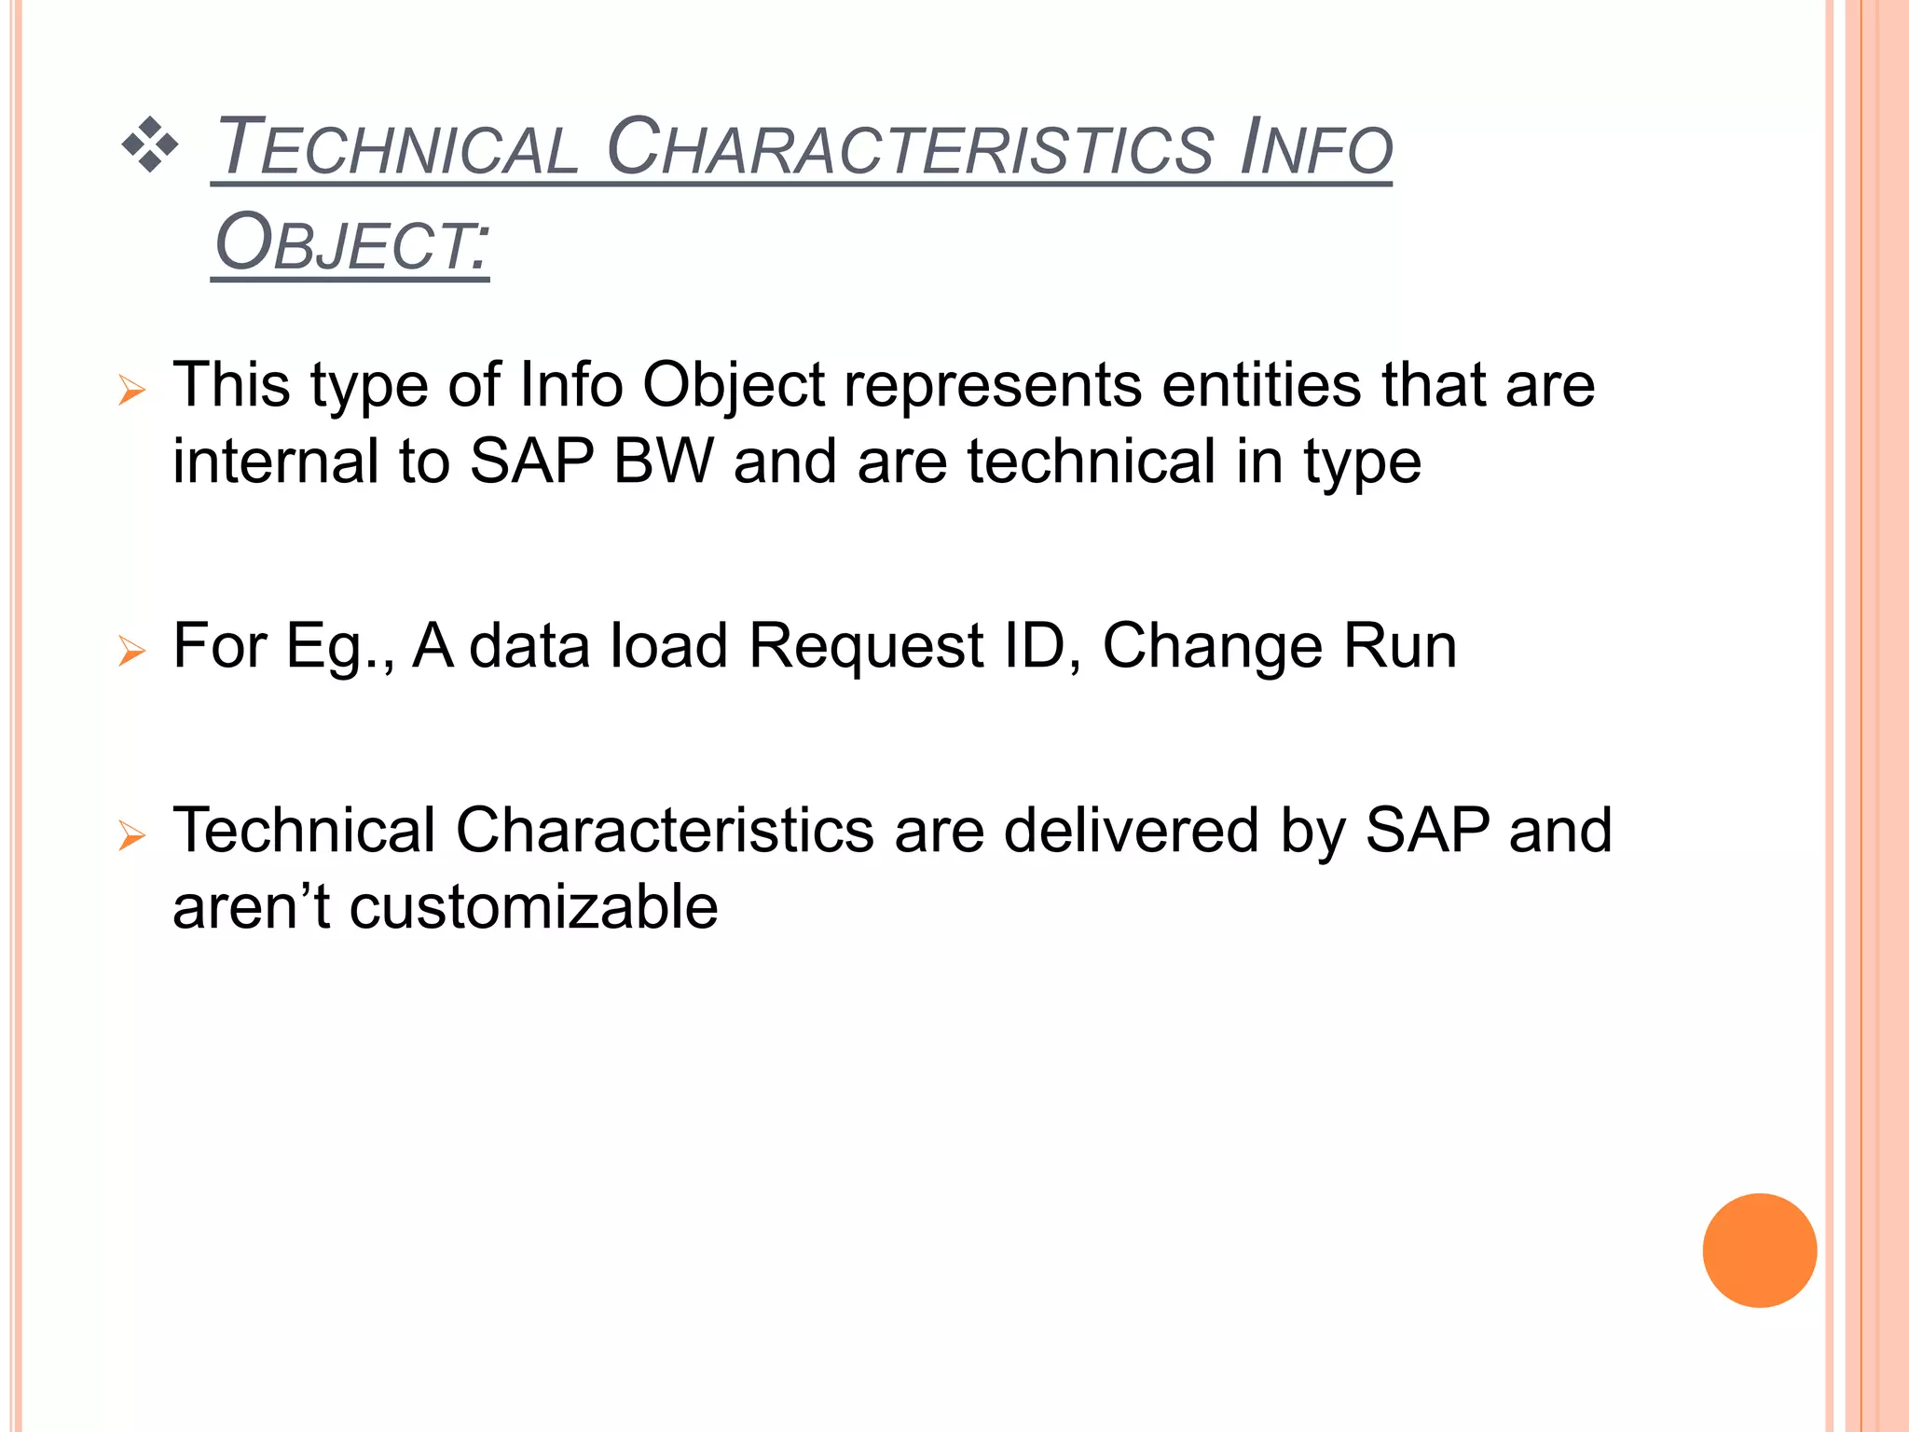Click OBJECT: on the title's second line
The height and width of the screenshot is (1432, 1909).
click(x=350, y=243)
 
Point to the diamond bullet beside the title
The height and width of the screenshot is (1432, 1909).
click(x=149, y=145)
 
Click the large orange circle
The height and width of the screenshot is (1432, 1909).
click(x=1759, y=1250)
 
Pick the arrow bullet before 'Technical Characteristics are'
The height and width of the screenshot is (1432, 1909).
click(x=132, y=835)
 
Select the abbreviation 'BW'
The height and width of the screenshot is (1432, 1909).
click(x=664, y=461)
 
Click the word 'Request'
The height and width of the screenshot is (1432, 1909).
click(x=866, y=646)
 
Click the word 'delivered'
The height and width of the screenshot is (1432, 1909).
click(x=1132, y=831)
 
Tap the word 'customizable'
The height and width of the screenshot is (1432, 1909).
click(x=533, y=907)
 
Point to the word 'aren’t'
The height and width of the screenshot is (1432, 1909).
click(x=251, y=907)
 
